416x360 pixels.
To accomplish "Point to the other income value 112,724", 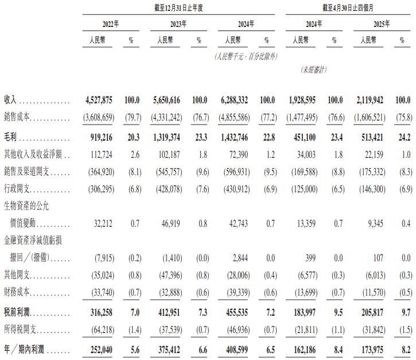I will (101, 155).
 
